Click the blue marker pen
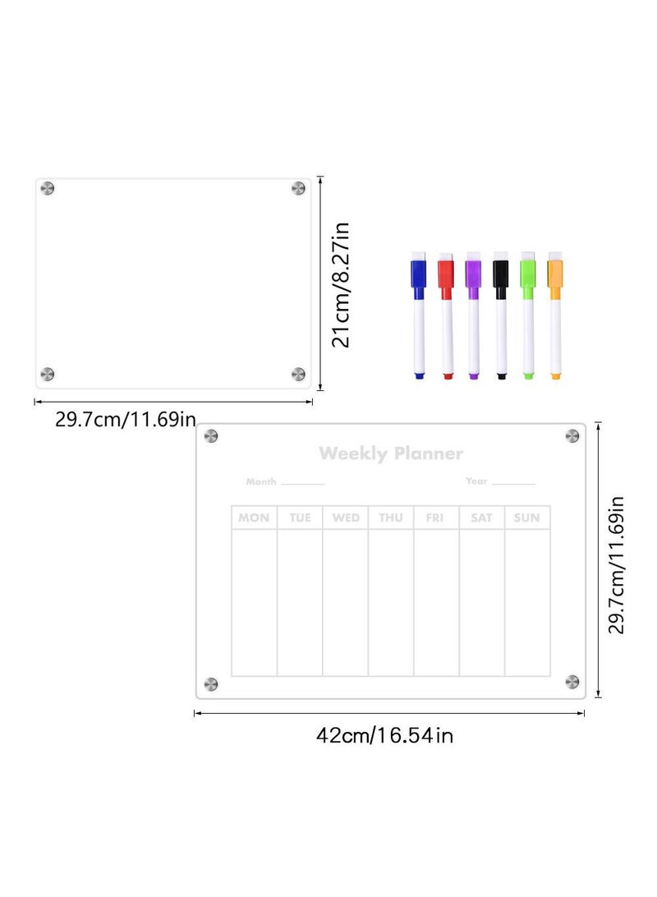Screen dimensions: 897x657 pos(418,316)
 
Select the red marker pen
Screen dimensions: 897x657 pos(446,316)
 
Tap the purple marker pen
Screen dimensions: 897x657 pos(473,316)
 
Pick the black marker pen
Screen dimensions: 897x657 pos(500,316)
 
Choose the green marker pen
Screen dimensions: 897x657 pos(527,316)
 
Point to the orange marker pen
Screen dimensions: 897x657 pos(555,316)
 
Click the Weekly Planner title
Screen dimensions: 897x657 pos(391,453)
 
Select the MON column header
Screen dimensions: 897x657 pos(254,517)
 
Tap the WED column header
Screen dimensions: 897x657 pos(345,517)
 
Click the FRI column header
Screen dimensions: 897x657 pos(435,517)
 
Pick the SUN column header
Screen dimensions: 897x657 pos(526,517)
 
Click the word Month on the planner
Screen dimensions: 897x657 pos(261,481)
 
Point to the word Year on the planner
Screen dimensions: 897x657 pos(476,481)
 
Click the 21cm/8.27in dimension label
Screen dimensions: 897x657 pos(342,284)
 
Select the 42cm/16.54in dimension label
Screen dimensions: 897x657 pos(384,735)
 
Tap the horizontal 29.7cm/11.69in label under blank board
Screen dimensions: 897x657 pos(126,420)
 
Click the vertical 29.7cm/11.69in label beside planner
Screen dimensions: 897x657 pos(618,564)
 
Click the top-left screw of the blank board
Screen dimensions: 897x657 pos(48,190)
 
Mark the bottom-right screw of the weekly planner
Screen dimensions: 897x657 pos(572,681)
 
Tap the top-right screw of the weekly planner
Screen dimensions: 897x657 pos(572,435)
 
